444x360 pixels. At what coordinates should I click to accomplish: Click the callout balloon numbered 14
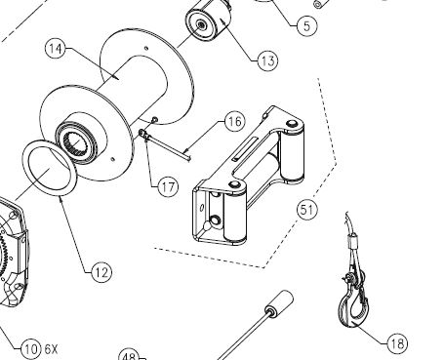(56, 49)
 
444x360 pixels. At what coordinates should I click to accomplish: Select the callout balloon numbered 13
(267, 60)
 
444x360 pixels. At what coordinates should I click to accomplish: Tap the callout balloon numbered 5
(306, 25)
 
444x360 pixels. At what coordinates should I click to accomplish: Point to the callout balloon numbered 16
(235, 121)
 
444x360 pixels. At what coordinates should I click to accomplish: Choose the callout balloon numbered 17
(168, 187)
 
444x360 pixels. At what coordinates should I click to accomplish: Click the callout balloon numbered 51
(306, 210)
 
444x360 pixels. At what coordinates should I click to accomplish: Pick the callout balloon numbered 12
(101, 272)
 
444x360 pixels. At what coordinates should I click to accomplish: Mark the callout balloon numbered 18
(397, 343)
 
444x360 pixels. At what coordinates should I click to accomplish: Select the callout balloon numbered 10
(31, 349)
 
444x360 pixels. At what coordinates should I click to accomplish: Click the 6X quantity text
(51, 349)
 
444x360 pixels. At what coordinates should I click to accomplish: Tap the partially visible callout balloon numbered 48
(129, 356)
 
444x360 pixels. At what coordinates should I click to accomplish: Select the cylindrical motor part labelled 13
(209, 20)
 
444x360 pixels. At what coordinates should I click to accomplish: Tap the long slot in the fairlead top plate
(246, 148)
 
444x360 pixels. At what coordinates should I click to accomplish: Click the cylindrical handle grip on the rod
(280, 302)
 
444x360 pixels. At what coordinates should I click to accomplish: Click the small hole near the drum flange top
(146, 49)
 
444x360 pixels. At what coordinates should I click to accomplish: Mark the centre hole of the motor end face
(200, 24)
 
